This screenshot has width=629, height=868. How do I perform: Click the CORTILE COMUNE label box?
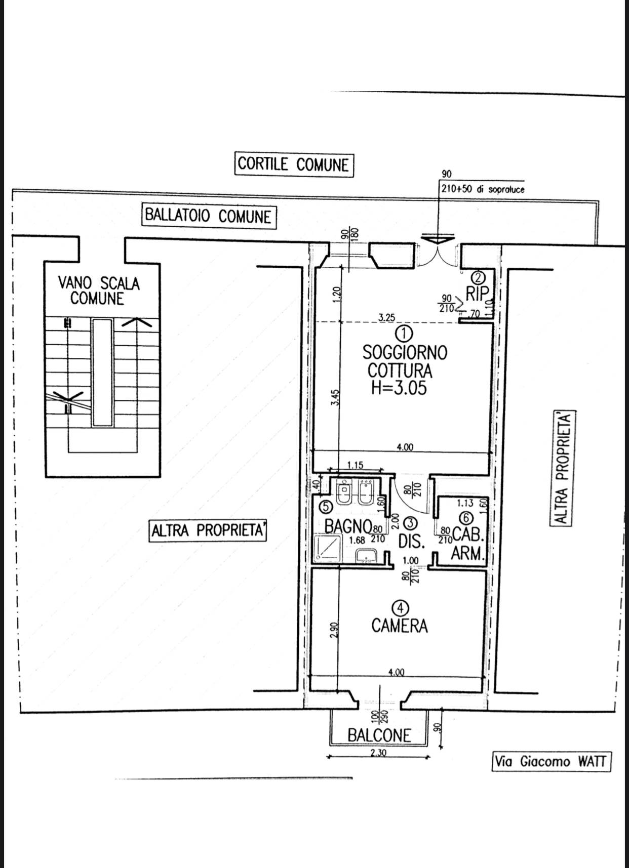click(294, 164)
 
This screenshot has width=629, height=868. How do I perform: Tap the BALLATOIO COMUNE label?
click(208, 216)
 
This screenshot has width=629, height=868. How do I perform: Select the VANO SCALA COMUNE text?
click(98, 291)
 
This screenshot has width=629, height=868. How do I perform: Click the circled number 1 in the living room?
click(404, 333)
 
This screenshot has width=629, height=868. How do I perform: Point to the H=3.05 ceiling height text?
click(399, 388)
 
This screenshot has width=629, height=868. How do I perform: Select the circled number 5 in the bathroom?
click(326, 506)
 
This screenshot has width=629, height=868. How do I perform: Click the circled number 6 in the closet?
click(466, 518)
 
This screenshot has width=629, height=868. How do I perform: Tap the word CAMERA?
click(399, 626)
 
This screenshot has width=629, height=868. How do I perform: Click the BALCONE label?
click(379, 735)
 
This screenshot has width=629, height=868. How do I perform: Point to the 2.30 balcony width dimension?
click(378, 753)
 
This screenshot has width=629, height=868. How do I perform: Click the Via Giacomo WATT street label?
click(552, 761)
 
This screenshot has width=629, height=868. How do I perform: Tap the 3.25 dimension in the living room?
click(387, 317)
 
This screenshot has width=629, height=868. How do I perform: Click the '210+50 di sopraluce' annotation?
click(483, 190)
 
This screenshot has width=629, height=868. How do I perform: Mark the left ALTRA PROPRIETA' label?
click(208, 531)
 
